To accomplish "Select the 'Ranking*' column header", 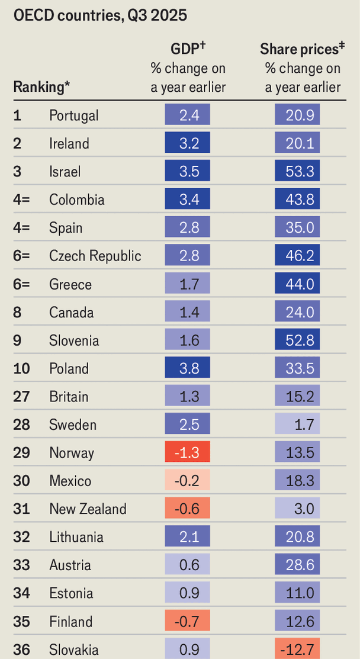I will [41, 87].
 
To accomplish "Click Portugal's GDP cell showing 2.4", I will [188, 115].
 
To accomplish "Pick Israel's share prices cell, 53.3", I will [297, 172].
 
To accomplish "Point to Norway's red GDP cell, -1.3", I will [188, 453].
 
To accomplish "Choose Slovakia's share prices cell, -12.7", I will [297, 650].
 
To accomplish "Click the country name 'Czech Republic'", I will [95, 256].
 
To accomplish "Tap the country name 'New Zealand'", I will [88, 509].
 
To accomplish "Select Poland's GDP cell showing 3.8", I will [188, 369].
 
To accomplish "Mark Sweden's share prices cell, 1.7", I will [297, 425].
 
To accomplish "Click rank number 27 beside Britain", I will [21, 397].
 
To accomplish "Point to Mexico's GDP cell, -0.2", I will [188, 481].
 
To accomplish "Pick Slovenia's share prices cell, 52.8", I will [297, 340].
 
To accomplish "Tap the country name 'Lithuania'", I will [76, 538].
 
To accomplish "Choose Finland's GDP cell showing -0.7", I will [188, 622].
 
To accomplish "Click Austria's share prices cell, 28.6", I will [297, 565].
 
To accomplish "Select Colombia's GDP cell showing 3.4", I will [188, 200].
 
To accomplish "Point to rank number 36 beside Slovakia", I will [21, 650].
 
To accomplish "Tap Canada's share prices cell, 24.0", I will [297, 313].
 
